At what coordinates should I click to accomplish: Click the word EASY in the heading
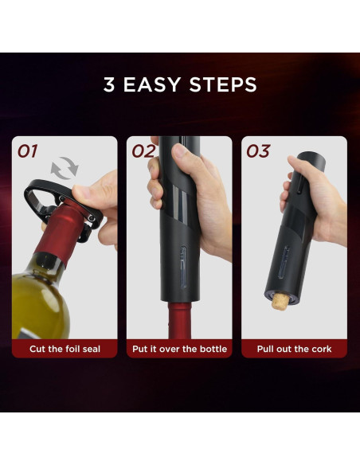[151, 84]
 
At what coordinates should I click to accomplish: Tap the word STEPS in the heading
[223, 84]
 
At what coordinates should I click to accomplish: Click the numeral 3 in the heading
[109, 84]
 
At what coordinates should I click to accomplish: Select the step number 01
[28, 151]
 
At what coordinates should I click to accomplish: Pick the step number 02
[143, 151]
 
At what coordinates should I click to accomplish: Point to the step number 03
[258, 151]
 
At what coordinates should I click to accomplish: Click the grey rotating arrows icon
[65, 168]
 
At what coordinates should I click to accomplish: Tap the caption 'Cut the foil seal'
[65, 349]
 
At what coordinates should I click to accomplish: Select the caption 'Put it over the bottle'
[179, 349]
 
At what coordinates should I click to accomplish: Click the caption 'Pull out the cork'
[294, 349]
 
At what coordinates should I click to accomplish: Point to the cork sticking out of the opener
[280, 302]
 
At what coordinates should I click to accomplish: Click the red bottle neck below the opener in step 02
[179, 320]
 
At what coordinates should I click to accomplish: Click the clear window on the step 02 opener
[183, 267]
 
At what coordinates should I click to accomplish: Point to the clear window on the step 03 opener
[284, 263]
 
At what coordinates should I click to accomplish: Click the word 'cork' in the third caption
[322, 349]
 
